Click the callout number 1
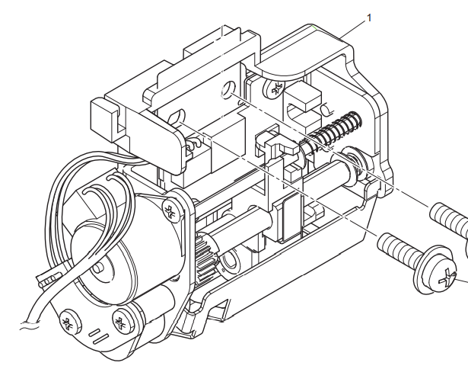click(x=371, y=16)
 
